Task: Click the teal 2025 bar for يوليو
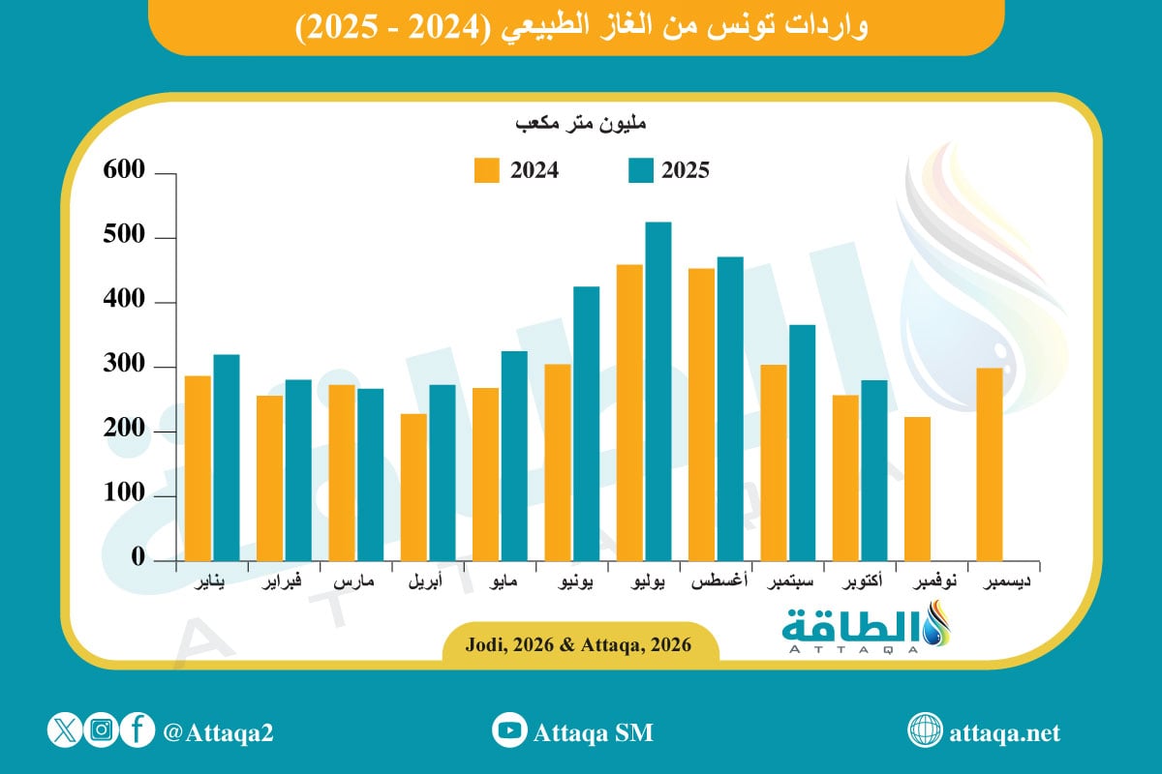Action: pos(658,391)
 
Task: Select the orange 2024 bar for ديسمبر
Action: pos(990,463)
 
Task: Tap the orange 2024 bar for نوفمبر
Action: pos(918,489)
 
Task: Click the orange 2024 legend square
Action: pos(487,170)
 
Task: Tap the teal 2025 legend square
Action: pos(641,170)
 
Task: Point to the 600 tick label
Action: pos(125,172)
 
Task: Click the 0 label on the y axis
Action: pos(138,559)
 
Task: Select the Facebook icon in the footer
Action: pos(138,730)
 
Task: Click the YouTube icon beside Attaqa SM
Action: pos(507,731)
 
